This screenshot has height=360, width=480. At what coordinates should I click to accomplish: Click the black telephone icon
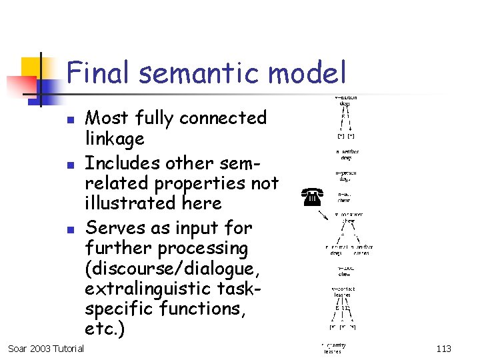click(312, 196)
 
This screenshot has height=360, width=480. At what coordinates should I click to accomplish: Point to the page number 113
click(443, 348)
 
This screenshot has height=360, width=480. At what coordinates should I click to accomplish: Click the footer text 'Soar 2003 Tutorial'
click(46, 348)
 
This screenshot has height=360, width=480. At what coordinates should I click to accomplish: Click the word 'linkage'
click(115, 139)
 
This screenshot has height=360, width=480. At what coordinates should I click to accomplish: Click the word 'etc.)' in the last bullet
click(105, 329)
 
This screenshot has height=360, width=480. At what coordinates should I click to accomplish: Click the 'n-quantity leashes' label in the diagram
click(333, 348)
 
